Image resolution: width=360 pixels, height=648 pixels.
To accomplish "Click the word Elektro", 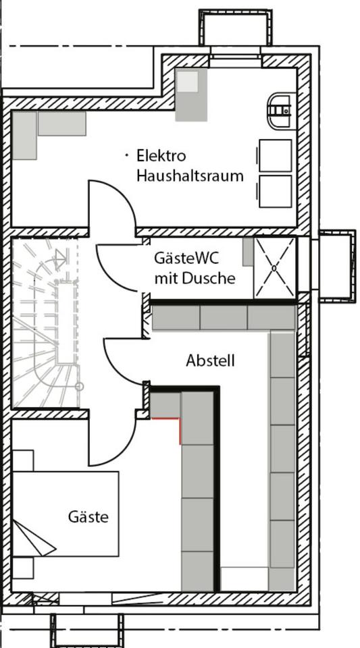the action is (161, 156).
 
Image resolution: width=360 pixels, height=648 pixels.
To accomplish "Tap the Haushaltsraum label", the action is (190, 175).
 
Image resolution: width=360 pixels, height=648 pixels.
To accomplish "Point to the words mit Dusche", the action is (195, 278).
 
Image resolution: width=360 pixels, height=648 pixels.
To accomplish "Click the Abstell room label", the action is (210, 360).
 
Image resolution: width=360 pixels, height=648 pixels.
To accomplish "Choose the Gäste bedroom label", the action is (88, 516).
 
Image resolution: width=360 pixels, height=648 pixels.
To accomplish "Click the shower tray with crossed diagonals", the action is (274, 267).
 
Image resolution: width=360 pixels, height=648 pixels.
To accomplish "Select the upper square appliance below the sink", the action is (276, 155).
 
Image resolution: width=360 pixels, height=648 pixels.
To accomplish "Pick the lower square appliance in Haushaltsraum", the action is (276, 191).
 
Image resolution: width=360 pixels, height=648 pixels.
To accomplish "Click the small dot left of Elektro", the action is (127, 155).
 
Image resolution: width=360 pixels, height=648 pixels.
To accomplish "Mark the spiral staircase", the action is (45, 323).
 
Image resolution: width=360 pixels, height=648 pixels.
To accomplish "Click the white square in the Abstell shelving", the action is (245, 579).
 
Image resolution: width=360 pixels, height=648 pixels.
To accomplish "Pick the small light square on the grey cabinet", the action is (188, 82).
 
